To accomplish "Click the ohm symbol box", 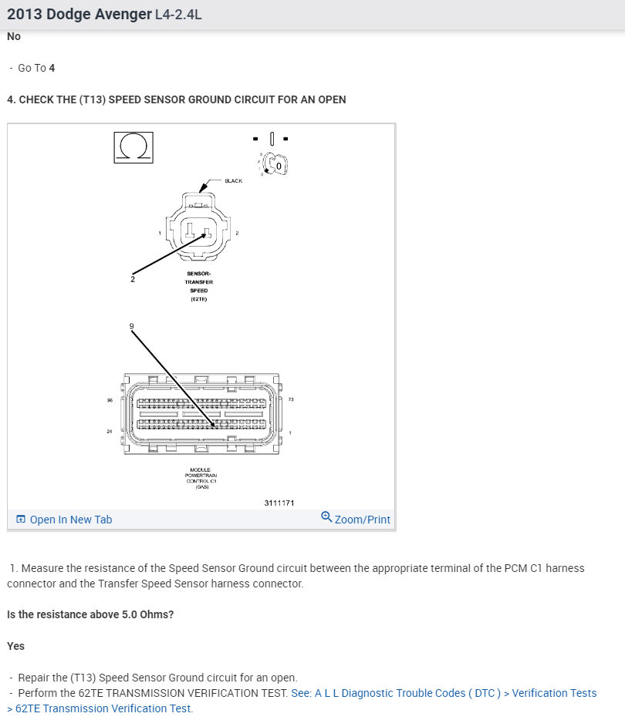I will [133, 146].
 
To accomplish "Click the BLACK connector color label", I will [233, 181].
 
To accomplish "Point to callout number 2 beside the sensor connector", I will [133, 279].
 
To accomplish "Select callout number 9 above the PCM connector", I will [132, 327].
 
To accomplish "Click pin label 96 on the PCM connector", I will [110, 400].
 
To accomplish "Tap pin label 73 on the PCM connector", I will [290, 399].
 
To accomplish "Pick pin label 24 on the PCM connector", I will [110, 432].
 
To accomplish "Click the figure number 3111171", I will [279, 503].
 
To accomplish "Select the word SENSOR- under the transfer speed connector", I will [199, 274].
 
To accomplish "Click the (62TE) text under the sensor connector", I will [199, 299].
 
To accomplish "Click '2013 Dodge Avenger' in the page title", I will [79, 15].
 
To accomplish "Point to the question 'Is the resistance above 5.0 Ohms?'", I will [90, 614].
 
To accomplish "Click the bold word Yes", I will [15, 646].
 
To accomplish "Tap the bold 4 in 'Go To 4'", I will [52, 68].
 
